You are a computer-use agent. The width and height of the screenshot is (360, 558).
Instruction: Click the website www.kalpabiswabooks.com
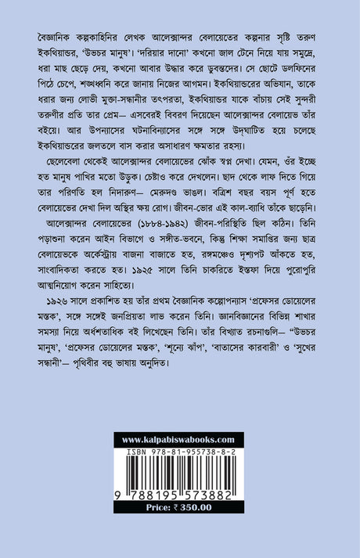pyautogui.click(x=179, y=441)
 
